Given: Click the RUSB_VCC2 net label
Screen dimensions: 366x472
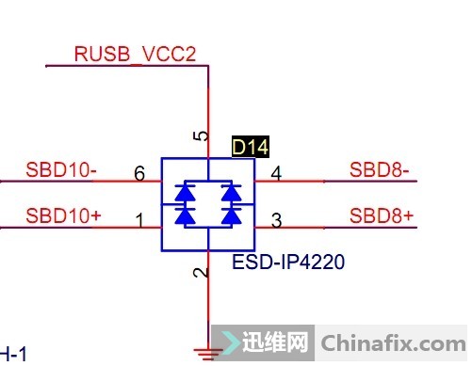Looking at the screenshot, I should click(x=135, y=55).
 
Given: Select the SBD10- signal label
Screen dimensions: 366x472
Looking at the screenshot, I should click(x=62, y=171).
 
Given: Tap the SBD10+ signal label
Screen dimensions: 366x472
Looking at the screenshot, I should click(x=63, y=215).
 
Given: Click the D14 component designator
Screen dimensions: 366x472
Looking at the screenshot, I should click(x=251, y=148).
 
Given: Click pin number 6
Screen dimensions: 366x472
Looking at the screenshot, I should click(x=139, y=173).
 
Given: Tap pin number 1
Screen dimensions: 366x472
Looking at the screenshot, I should click(x=139, y=221).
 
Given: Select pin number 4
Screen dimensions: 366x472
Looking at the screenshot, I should click(x=275, y=173).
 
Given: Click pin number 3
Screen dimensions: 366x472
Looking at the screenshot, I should click(x=275, y=221).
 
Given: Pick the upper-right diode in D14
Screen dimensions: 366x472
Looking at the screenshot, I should click(x=228, y=193).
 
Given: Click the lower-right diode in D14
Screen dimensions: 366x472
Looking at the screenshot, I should click(x=228, y=215).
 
